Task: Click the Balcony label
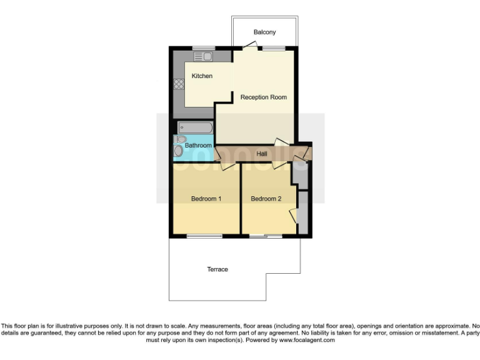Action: pos(264,32)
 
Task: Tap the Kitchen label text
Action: pos(202,76)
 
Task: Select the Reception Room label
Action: pos(264,97)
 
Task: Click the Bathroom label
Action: pos(198,146)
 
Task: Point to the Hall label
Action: pos(262,153)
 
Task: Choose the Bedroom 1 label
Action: pos(206,199)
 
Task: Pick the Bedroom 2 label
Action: pos(266,199)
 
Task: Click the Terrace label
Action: pos(217,269)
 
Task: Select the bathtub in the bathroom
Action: pos(196,127)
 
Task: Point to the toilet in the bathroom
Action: pos(181,139)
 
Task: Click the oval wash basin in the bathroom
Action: pos(179,151)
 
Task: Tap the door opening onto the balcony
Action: pos(250,45)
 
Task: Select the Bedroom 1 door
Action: pos(227,166)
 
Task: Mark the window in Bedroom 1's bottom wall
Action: pos(204,236)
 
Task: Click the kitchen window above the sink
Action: pos(204,47)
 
